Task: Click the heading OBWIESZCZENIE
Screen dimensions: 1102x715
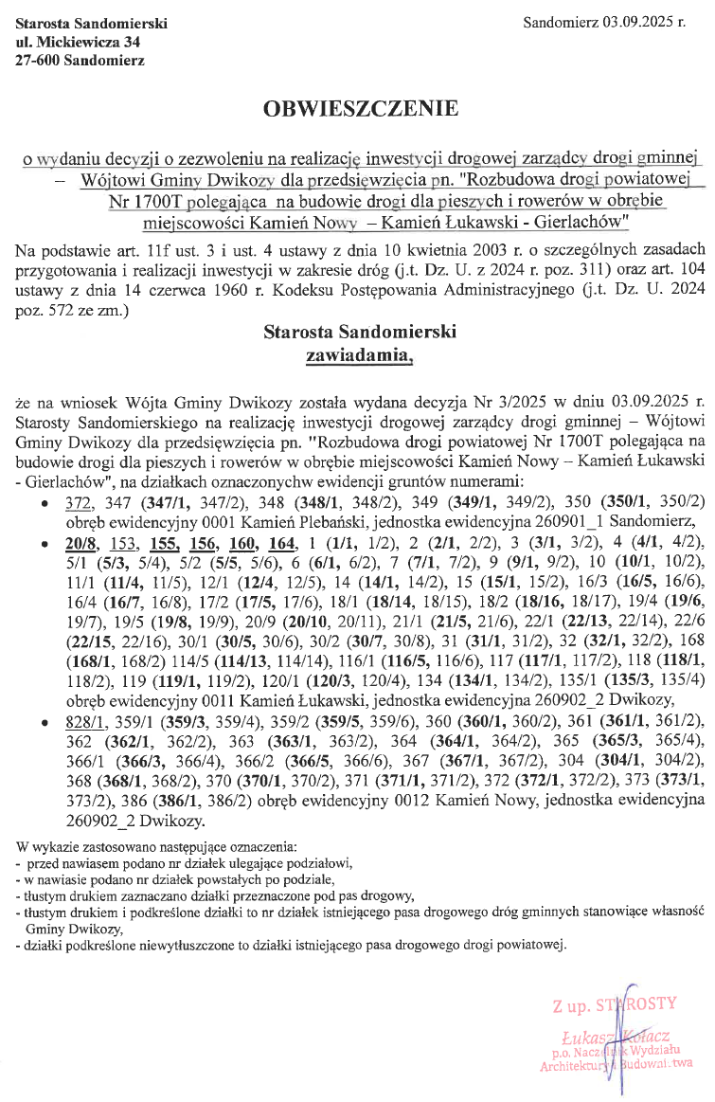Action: [360, 109]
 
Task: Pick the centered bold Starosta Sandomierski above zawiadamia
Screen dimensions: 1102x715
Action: [360, 333]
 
